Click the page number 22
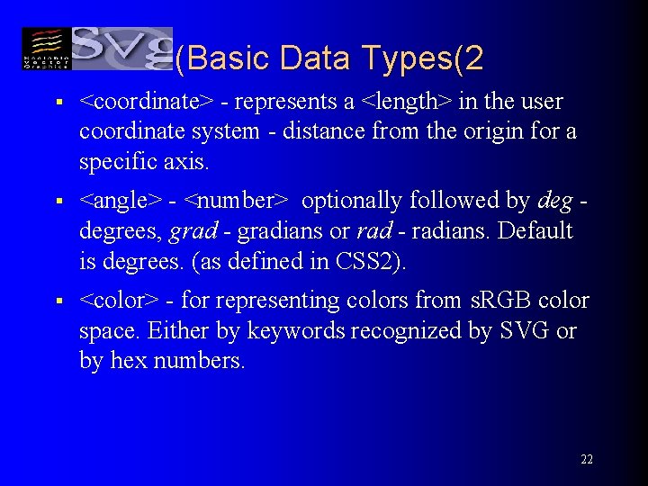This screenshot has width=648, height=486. (586, 459)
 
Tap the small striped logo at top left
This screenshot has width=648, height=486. (44, 49)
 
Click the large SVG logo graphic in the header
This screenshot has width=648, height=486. (121, 47)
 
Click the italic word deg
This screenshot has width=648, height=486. (554, 200)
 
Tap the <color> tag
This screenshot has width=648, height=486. (119, 300)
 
